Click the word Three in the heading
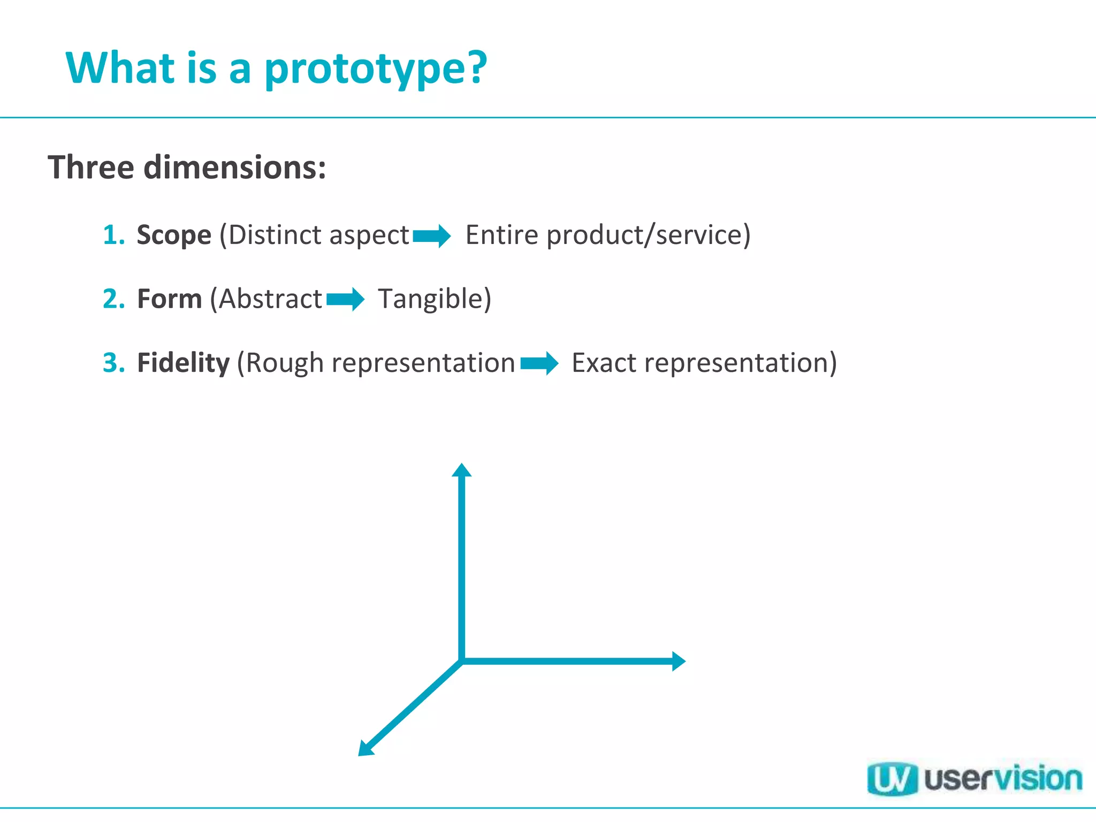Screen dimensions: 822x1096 (x=91, y=168)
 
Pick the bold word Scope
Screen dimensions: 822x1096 (x=174, y=235)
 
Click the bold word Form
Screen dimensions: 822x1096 (x=169, y=299)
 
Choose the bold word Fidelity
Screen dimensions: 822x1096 (x=183, y=363)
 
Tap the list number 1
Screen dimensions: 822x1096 (x=113, y=235)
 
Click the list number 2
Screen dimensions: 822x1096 (x=113, y=299)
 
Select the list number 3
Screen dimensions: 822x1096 (x=113, y=363)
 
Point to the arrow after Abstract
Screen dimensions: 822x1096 (x=346, y=299)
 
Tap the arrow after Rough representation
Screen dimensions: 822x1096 (x=539, y=363)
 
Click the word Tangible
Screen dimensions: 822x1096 (x=434, y=299)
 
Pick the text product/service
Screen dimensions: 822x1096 (x=648, y=235)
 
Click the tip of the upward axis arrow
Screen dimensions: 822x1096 (x=461, y=469)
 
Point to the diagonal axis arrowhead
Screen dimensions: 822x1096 (x=365, y=749)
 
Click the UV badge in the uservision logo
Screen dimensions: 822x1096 (x=892, y=780)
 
